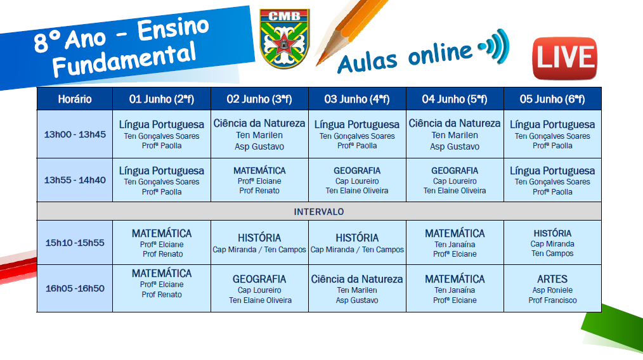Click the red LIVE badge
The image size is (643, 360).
coord(564,58)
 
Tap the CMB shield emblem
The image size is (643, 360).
coord(285,39)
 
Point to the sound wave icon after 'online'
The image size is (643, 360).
coord(494,46)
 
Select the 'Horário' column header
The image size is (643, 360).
coord(75,99)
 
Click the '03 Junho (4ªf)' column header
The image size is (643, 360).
coord(357,99)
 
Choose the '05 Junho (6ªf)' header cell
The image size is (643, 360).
coord(552,99)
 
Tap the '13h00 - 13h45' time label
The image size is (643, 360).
coord(75,134)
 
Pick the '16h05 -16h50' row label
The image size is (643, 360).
coord(75,288)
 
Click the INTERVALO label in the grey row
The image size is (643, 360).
coord(318,212)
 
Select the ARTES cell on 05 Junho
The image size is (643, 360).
coord(552,288)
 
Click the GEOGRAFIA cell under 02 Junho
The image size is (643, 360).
coord(259,288)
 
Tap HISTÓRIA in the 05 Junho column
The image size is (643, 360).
coord(552,233)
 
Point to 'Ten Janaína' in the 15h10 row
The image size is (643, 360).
coord(455,245)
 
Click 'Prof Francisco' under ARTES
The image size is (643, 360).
coord(552,300)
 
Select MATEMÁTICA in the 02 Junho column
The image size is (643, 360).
coord(259,170)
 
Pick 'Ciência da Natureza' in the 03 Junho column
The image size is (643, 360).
coord(357,280)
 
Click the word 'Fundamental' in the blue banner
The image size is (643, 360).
coord(124,60)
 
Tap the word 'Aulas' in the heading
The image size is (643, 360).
coord(367,62)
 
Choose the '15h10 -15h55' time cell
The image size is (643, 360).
coord(75,243)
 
